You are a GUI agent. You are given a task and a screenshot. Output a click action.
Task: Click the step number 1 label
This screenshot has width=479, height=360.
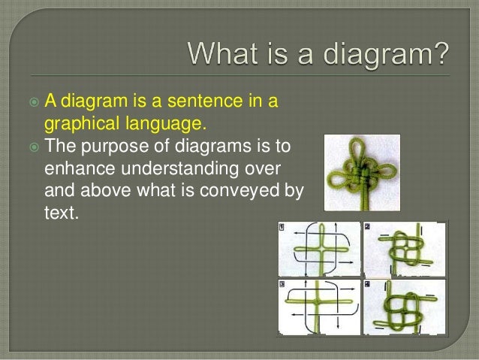click(x=282, y=227)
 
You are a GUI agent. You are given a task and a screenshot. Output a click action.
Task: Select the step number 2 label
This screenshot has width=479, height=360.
click(x=368, y=226)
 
